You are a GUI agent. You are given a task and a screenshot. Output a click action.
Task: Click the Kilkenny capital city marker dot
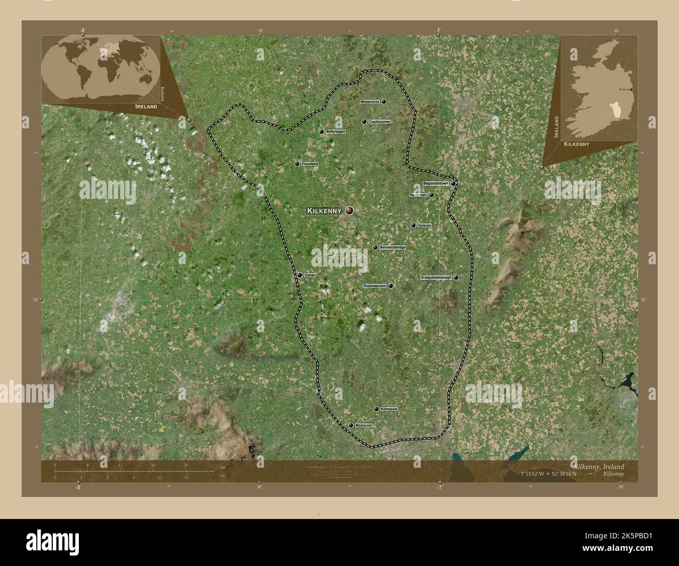click(x=349, y=211)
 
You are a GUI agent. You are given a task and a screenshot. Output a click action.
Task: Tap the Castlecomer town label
click(x=380, y=122)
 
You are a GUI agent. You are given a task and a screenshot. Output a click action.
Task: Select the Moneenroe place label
click(x=370, y=101)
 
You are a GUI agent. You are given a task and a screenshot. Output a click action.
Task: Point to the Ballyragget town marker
click(x=321, y=132)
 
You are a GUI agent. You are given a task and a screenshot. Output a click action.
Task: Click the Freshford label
click(x=310, y=164)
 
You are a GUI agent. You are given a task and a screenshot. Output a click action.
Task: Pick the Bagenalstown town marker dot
click(x=453, y=184)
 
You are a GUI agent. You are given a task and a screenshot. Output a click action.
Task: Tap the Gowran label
click(x=425, y=226)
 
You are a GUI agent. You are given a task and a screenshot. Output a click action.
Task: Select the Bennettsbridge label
click(x=392, y=247)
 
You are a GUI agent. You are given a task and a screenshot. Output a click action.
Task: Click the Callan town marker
click(x=299, y=275)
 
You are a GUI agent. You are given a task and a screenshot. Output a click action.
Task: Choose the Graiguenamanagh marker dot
click(x=456, y=278)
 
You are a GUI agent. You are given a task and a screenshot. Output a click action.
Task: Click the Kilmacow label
click(x=389, y=409)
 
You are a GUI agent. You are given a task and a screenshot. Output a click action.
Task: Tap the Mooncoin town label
click(x=364, y=426)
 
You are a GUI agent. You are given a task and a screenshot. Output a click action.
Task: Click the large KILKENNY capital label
click(x=324, y=211)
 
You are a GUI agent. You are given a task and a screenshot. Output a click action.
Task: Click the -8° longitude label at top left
click(x=83, y=30)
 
